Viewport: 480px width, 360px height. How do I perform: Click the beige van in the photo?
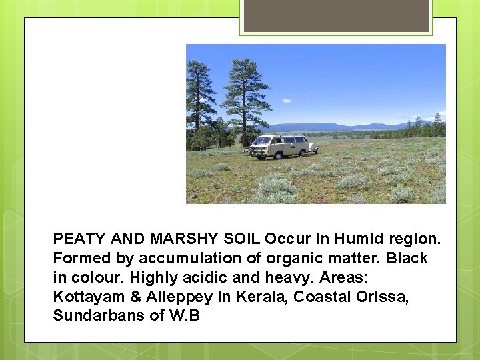[x=280, y=146]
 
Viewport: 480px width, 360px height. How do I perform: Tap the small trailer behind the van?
[x=313, y=147]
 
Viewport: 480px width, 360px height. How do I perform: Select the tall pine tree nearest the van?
[x=245, y=93]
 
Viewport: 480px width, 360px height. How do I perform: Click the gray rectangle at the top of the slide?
[x=335, y=15]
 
